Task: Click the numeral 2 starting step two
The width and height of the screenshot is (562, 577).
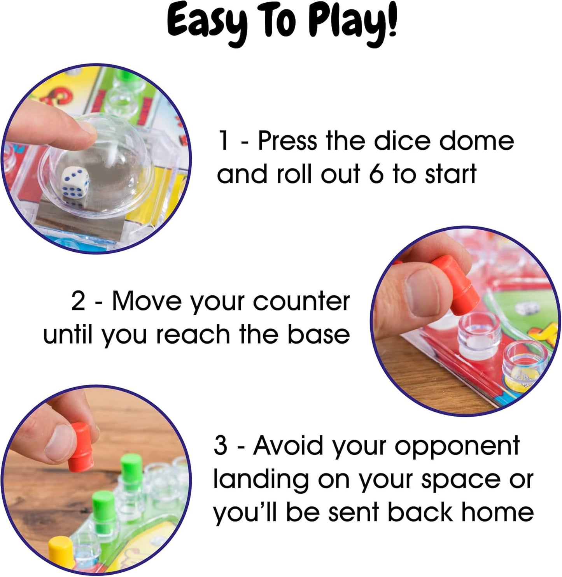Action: pos(78,301)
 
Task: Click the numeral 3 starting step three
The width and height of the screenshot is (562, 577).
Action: pos(221,445)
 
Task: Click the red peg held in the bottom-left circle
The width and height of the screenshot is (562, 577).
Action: pos(80,447)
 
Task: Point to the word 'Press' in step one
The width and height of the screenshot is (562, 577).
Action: pos(287,141)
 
